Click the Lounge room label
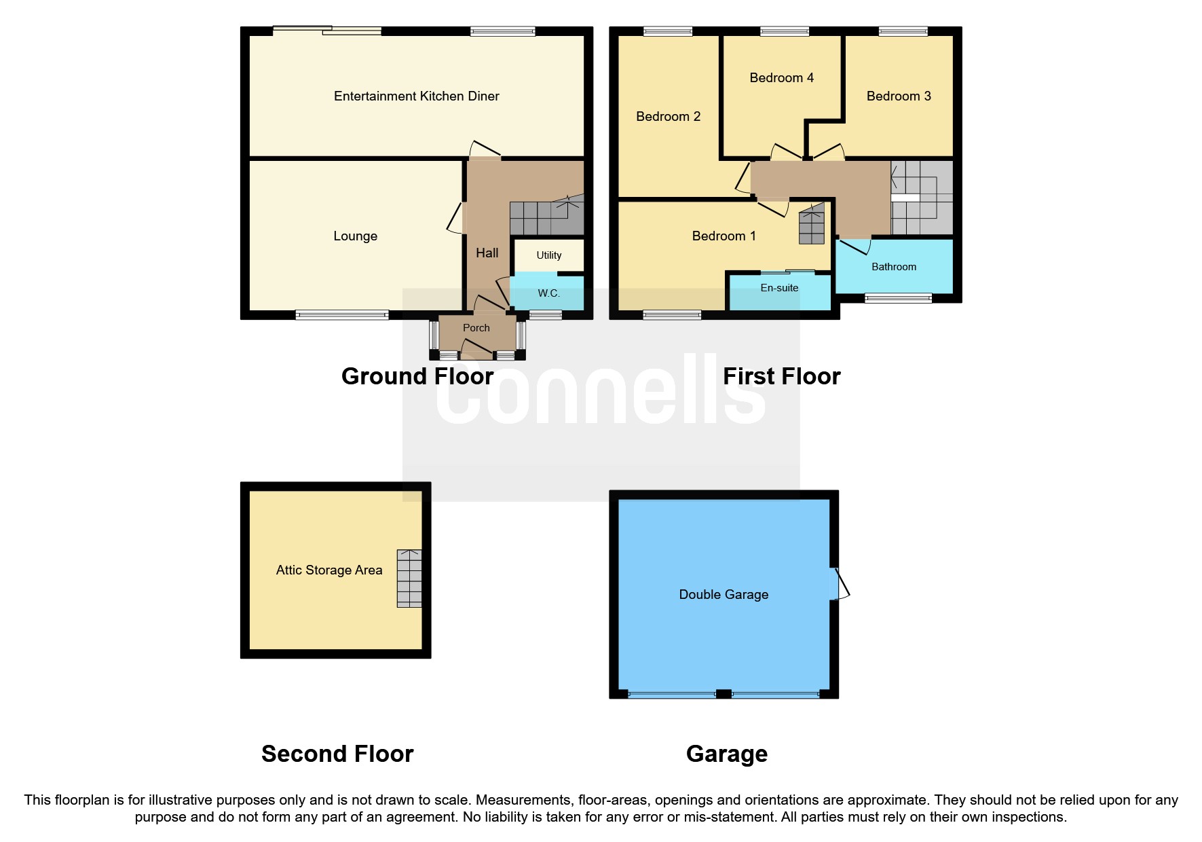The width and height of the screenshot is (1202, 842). [355, 236]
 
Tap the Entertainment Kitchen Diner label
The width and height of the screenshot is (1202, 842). [416, 96]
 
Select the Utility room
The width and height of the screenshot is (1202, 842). [548, 255]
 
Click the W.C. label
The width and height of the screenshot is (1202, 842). [548, 293]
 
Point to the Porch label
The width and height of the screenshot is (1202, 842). [476, 328]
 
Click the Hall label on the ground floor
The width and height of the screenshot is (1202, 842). [487, 253]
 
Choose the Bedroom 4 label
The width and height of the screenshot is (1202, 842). [781, 78]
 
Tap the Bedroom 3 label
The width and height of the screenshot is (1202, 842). [899, 96]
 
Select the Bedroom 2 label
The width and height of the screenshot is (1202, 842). [668, 117]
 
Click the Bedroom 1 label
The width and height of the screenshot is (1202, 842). [724, 236]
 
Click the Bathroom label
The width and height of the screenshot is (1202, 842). [894, 267]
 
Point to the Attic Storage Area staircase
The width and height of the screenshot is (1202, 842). [409, 578]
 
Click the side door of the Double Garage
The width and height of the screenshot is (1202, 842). [840, 584]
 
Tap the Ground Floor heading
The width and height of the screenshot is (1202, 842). [417, 376]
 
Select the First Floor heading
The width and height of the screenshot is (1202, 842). [781, 376]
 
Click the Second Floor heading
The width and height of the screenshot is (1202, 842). [337, 754]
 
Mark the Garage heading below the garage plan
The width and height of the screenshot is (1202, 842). [726, 754]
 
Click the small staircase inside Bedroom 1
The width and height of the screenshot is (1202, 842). [812, 225]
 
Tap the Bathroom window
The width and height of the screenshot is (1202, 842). [898, 297]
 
